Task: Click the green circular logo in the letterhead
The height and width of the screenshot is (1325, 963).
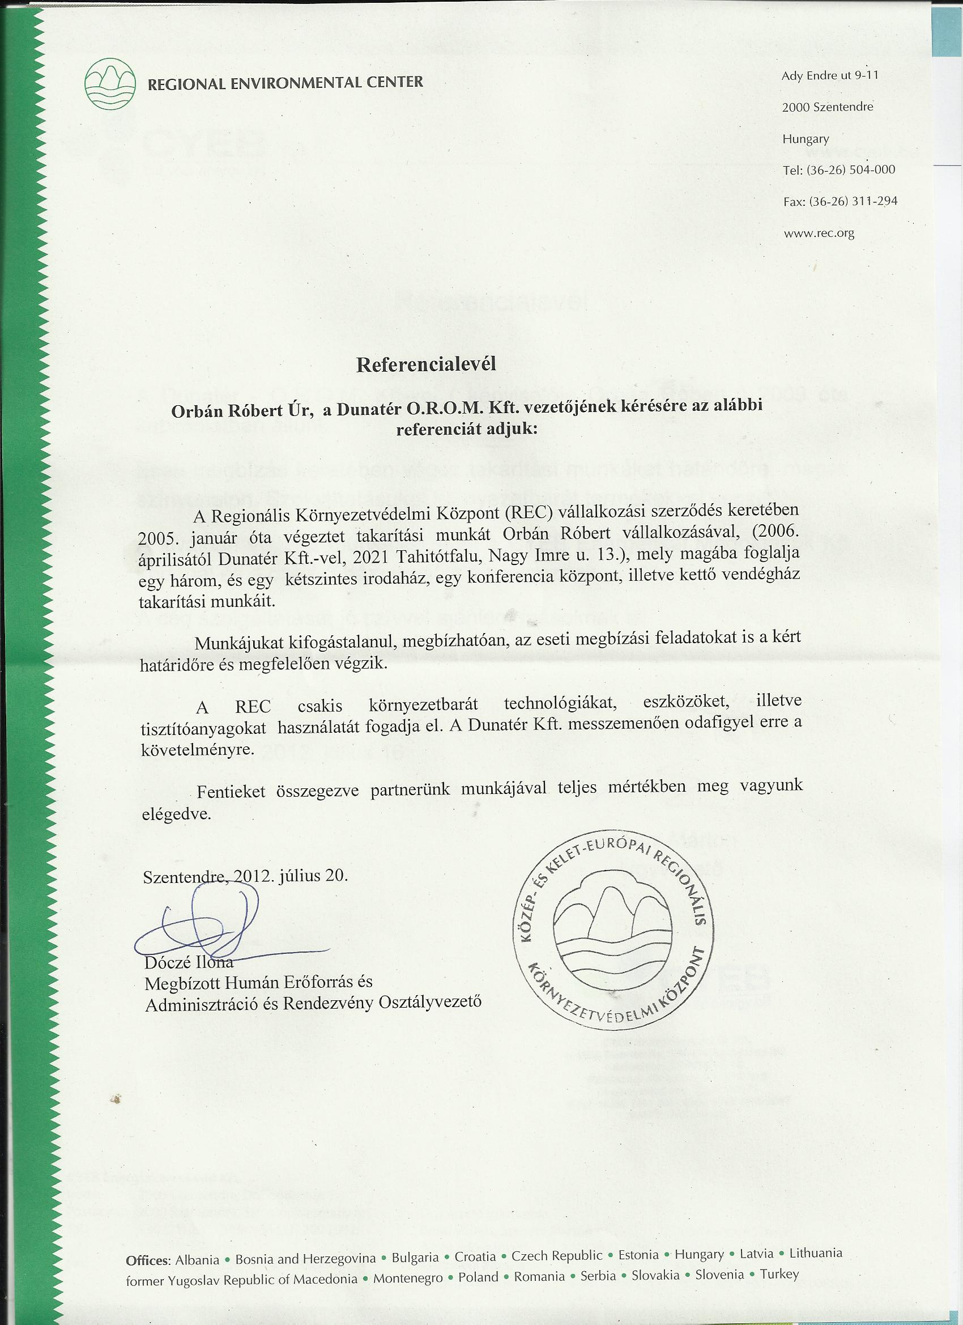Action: pos(110,84)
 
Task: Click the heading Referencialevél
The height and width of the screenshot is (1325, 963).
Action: pos(426,364)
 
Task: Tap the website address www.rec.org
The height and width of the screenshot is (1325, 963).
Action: pos(819,233)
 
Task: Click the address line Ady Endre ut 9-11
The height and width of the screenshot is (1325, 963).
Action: pos(830,75)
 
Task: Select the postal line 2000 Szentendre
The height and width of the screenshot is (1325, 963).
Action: pos(828,107)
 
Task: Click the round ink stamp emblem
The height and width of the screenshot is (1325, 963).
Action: pos(612,930)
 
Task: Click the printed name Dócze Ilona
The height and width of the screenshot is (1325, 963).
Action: pos(189,962)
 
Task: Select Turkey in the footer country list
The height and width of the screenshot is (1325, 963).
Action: pos(779,1273)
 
